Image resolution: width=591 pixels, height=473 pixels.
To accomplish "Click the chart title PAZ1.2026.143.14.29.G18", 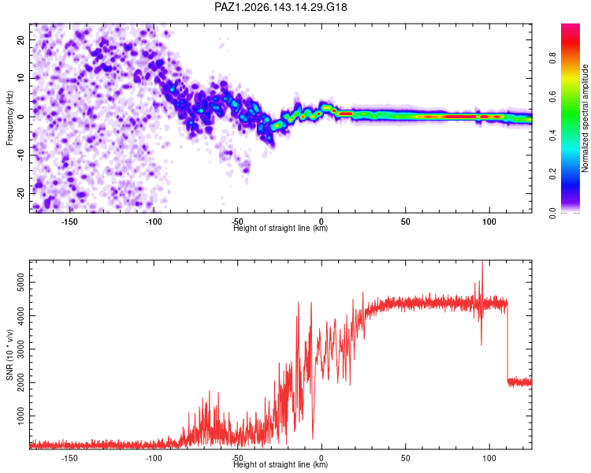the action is (x=281, y=7).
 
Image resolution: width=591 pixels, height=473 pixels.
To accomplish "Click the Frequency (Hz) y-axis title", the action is (x=9, y=118).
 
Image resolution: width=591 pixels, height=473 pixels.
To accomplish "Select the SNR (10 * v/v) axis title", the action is (x=9, y=355).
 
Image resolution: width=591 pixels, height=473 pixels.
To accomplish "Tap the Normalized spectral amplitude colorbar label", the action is (x=585, y=118).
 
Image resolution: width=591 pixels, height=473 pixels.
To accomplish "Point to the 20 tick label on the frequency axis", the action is (x=20, y=39).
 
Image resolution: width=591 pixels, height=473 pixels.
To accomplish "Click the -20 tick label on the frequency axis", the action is (x=20, y=193).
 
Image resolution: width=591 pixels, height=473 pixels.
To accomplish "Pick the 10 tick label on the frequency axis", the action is (x=20, y=78).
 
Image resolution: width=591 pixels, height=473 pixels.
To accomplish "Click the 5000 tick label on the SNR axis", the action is (x=20, y=282).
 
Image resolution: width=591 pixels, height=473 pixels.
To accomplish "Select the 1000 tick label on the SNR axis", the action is (x=20, y=415).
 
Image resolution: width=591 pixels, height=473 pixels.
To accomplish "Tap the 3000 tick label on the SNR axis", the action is (x=20, y=349).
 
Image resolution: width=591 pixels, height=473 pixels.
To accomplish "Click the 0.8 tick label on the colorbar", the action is (x=552, y=58).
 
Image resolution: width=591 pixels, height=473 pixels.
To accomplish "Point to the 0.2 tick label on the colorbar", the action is (x=552, y=174).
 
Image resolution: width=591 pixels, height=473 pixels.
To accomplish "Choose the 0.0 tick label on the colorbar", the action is (x=552, y=213).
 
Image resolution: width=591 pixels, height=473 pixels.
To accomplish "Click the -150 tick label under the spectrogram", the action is (x=69, y=222).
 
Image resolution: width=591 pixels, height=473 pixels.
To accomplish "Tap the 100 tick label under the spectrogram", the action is (x=489, y=222).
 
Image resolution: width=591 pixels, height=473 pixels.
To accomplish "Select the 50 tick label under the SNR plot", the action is (x=405, y=458).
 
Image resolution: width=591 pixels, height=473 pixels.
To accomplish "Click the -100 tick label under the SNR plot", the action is (x=154, y=458).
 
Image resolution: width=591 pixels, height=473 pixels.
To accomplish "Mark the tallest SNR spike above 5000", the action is (x=482, y=262).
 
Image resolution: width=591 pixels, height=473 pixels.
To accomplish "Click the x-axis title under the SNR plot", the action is (x=281, y=464).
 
